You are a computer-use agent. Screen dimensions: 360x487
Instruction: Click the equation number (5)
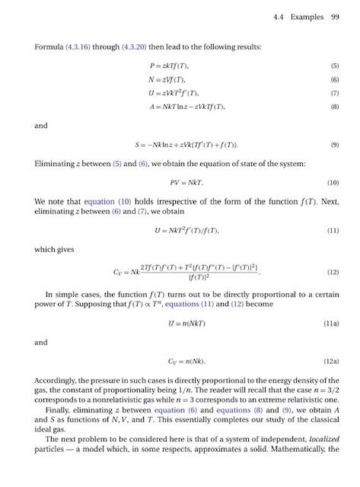click(334, 66)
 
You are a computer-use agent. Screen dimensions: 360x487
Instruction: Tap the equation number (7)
click(334, 93)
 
